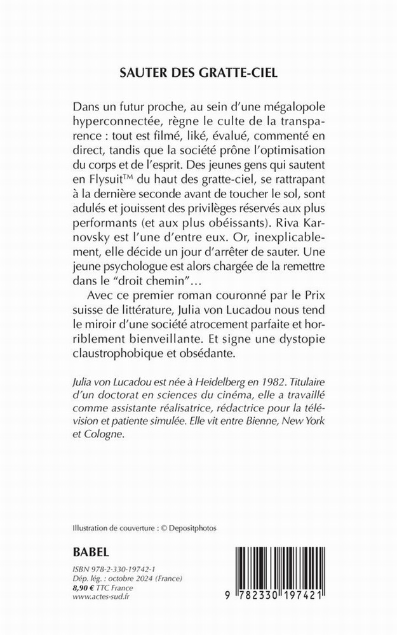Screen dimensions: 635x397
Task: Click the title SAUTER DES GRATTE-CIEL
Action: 199,73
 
